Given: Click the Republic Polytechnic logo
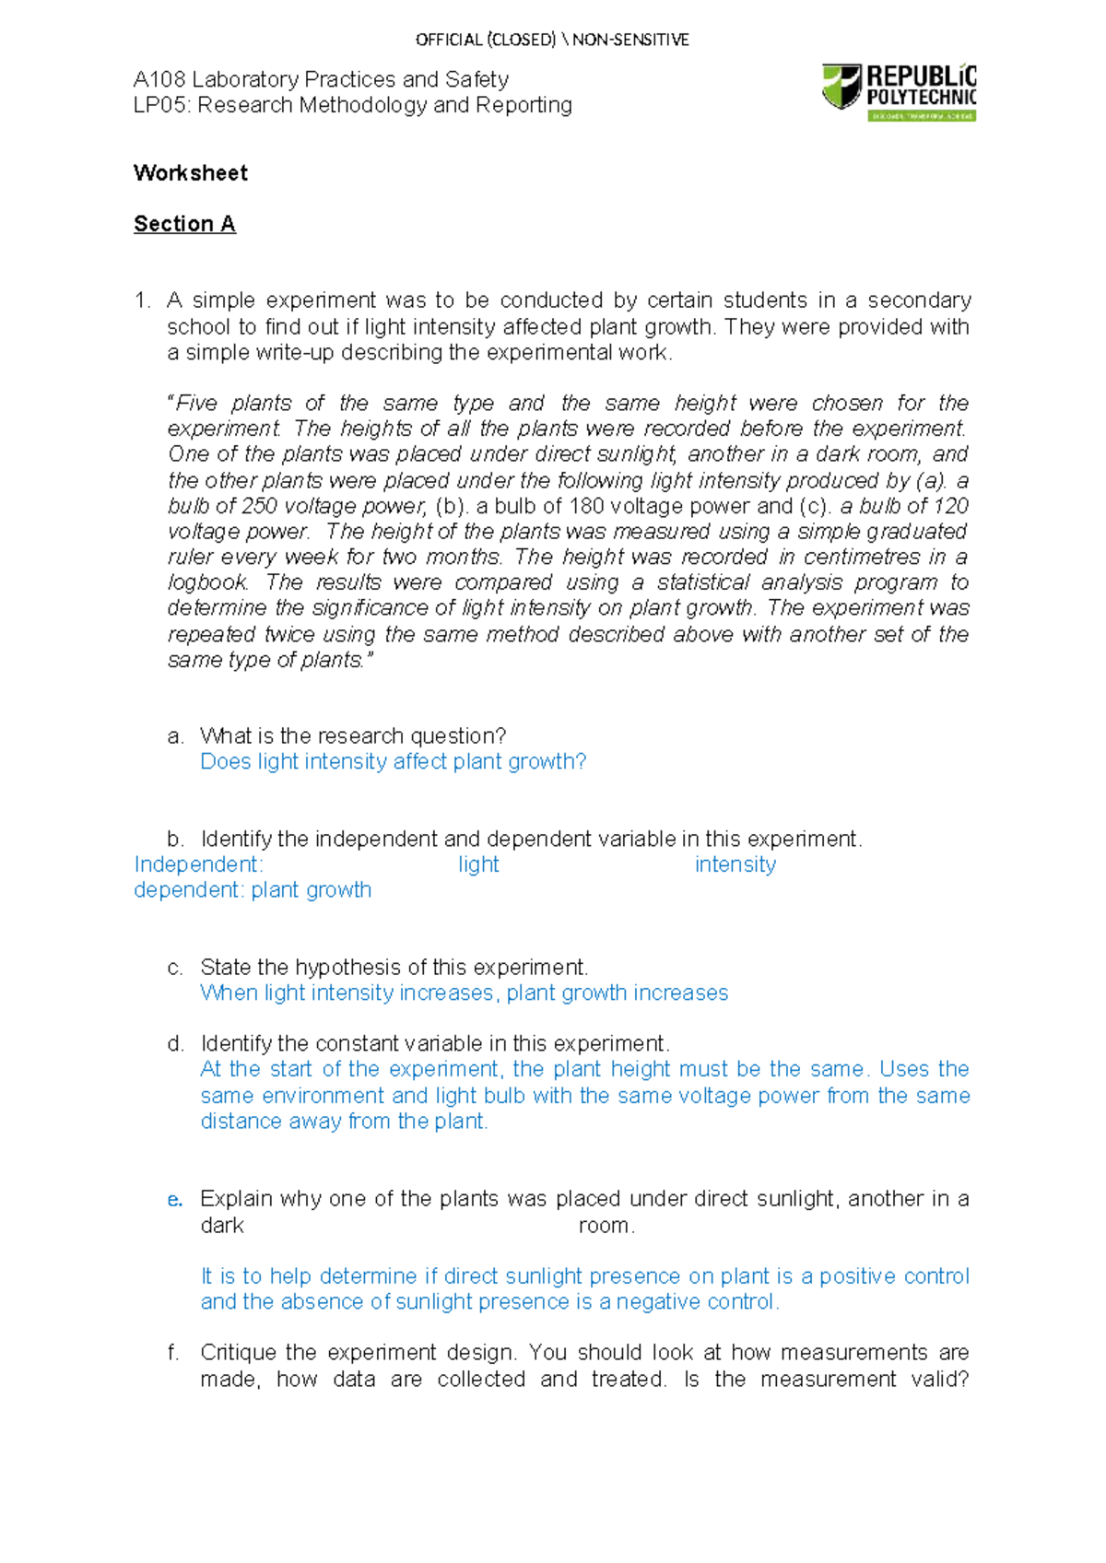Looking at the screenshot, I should pos(899,92).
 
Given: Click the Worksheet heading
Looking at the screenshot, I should pos(191,173).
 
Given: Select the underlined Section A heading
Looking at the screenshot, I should pos(184,224).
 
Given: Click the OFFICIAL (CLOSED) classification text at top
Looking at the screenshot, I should pos(486,40).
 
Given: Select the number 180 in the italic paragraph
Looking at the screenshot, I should pos(586,506).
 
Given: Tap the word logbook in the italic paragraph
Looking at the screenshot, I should pos(207,582).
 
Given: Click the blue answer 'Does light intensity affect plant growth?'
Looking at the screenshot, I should pos(393,761).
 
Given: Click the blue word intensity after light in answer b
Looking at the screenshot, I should pos(735,864).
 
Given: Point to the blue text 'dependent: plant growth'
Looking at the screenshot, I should pos(253,890).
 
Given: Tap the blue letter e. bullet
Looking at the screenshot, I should pos(175,1200).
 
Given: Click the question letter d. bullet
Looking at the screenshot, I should pos(175,1044).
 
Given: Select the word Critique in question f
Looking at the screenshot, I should pos(239,1353).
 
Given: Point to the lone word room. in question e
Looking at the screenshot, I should pos(606,1227).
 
